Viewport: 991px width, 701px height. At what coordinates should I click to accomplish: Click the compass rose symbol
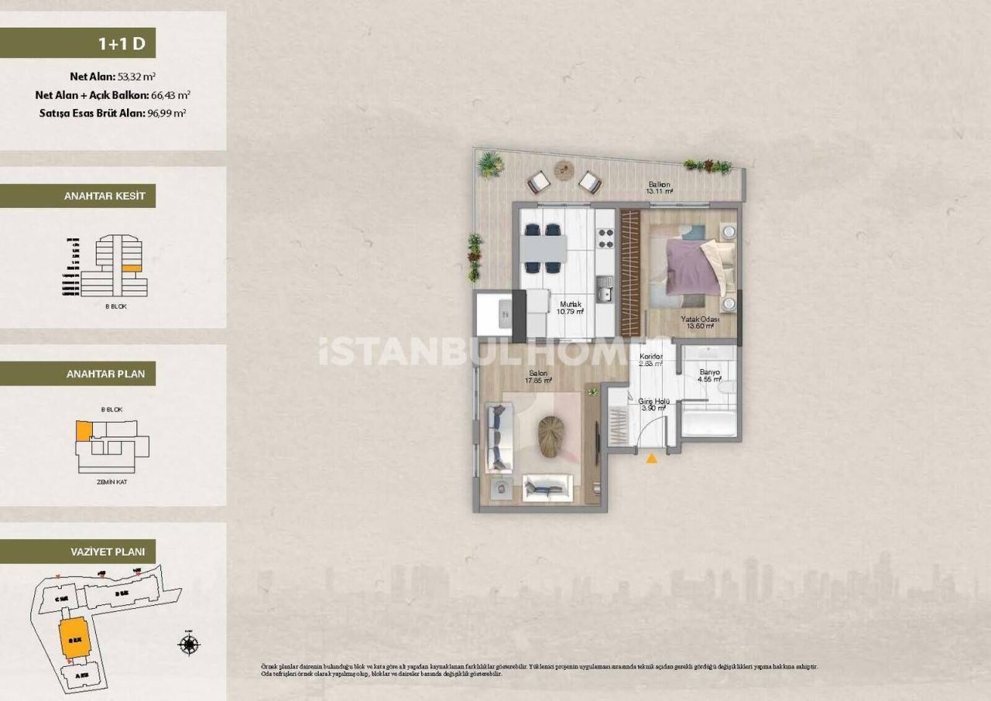click(189, 644)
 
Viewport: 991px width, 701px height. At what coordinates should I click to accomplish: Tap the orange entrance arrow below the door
click(652, 459)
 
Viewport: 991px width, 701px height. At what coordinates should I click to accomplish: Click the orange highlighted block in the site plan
click(74, 638)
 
